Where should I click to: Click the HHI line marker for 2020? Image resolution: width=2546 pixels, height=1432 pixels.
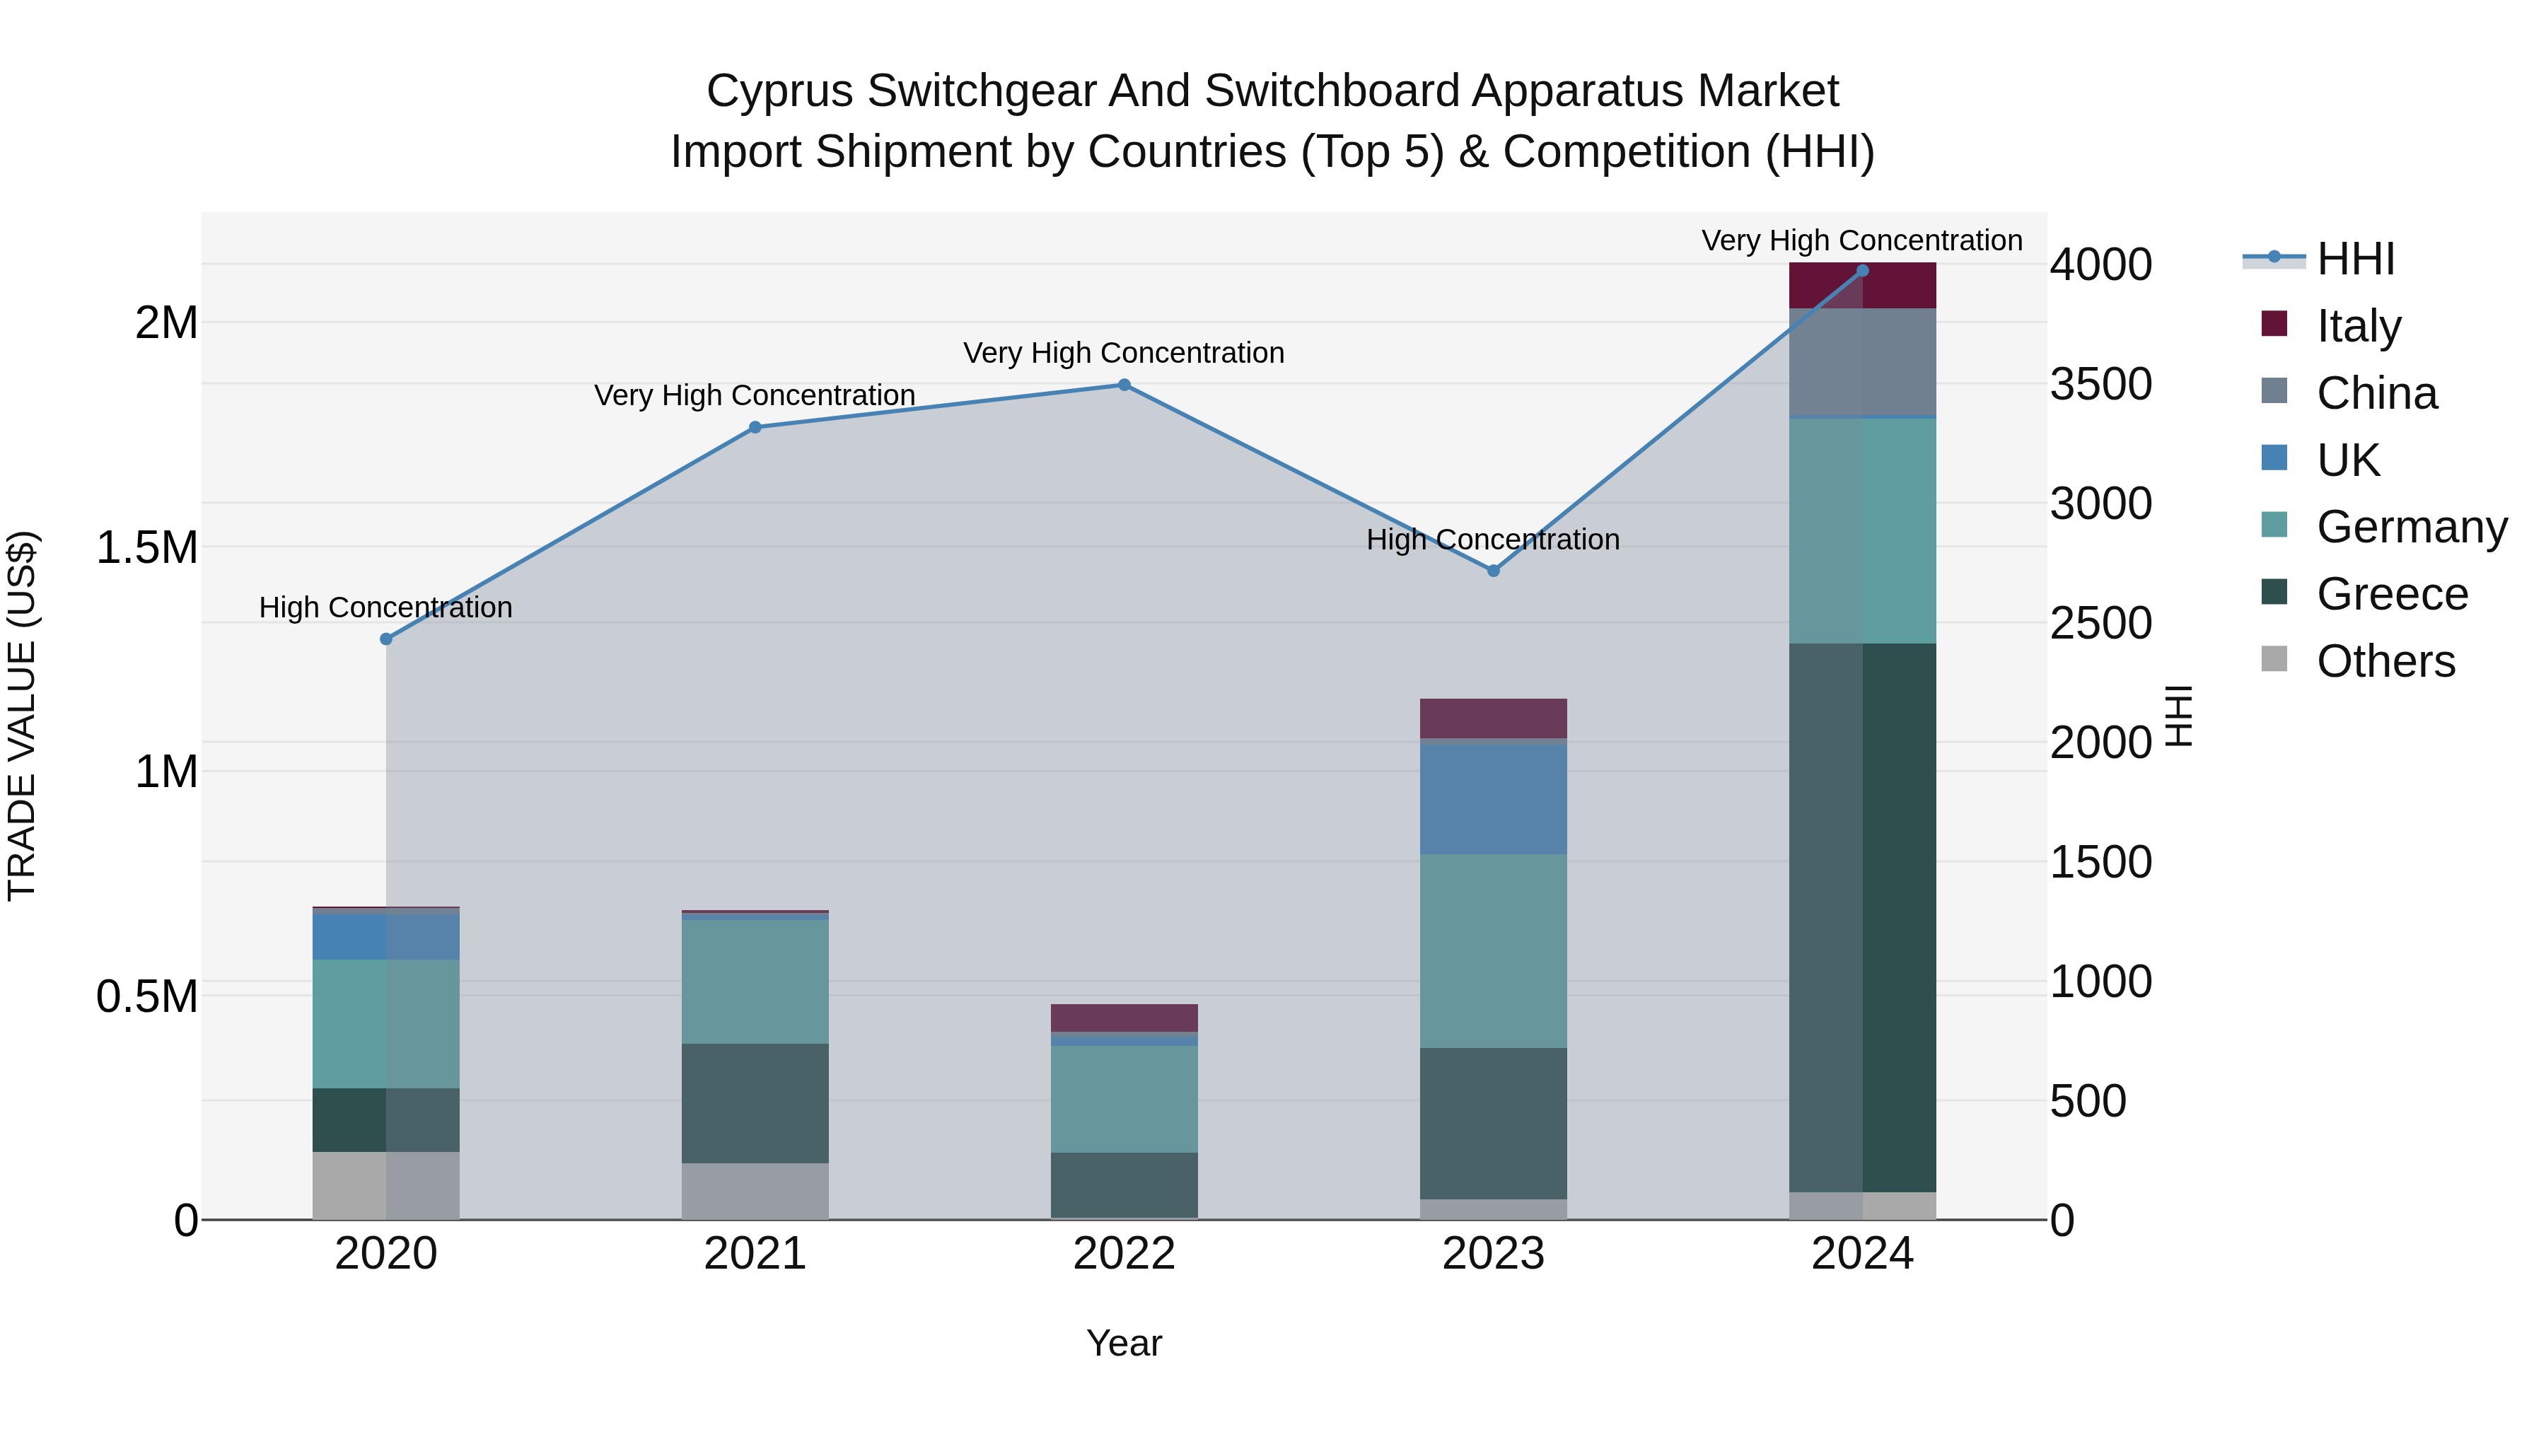386,639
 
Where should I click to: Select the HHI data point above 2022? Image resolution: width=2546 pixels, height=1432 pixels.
1124,385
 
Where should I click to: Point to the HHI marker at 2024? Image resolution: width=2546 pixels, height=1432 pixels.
1862,271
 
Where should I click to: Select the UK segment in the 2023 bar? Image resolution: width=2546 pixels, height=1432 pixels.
1494,798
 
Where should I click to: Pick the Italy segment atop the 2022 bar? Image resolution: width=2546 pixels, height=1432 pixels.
1124,1018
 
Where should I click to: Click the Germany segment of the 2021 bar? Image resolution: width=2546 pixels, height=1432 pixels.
755,982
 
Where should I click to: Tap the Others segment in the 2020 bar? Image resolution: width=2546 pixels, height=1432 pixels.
386,1185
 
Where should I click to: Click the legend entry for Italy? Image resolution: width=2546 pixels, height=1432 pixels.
2358,326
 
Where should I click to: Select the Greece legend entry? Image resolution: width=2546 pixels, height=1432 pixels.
2392,594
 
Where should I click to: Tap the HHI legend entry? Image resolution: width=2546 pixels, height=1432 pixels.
2355,259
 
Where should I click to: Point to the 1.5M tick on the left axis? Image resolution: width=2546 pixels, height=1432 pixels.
146,547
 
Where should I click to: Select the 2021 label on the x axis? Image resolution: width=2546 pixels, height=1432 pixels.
755,1254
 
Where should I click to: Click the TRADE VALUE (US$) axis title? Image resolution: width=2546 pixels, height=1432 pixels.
22,716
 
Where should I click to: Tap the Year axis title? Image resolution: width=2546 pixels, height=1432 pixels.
1124,1343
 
